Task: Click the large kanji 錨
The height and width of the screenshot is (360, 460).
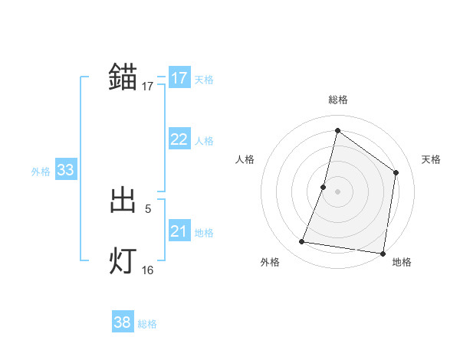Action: [123, 77]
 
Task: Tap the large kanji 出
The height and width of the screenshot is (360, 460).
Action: [123, 201]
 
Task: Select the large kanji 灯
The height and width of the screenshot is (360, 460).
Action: [123, 261]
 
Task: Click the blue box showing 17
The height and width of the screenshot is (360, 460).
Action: [179, 78]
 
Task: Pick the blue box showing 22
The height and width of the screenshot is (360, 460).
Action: [179, 139]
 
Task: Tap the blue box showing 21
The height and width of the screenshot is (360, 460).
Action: [179, 231]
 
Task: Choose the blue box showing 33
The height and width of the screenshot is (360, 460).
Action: [65, 170]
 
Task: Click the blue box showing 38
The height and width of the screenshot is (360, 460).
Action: [122, 322]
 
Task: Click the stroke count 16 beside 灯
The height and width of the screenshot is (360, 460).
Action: [148, 270]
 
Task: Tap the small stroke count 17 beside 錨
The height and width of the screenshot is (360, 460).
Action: [148, 87]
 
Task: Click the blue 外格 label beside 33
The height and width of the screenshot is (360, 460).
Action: [41, 172]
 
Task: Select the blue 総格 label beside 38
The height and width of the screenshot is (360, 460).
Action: [147, 324]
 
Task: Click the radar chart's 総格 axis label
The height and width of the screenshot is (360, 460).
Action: [337, 100]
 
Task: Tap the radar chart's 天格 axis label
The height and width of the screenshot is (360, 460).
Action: [431, 159]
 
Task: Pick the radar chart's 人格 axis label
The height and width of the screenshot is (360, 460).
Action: [245, 159]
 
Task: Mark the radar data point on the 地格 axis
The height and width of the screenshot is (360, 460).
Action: [383, 253]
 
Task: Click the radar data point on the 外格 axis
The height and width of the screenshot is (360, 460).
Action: [302, 242]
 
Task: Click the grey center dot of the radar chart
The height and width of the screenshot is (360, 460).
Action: [337, 191]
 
